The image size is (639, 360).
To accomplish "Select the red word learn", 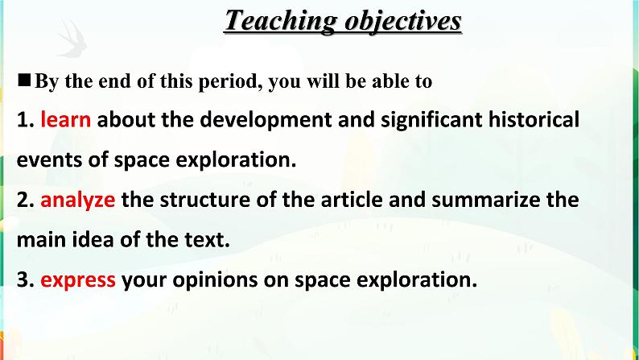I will coord(65,120).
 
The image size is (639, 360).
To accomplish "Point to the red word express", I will coord(78,279).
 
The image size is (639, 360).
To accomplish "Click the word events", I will coord(45,159).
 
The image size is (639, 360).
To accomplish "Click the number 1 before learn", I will coord(22,120).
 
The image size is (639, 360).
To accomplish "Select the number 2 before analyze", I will coord(22,199).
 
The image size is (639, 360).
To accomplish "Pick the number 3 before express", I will coord(22,279).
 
